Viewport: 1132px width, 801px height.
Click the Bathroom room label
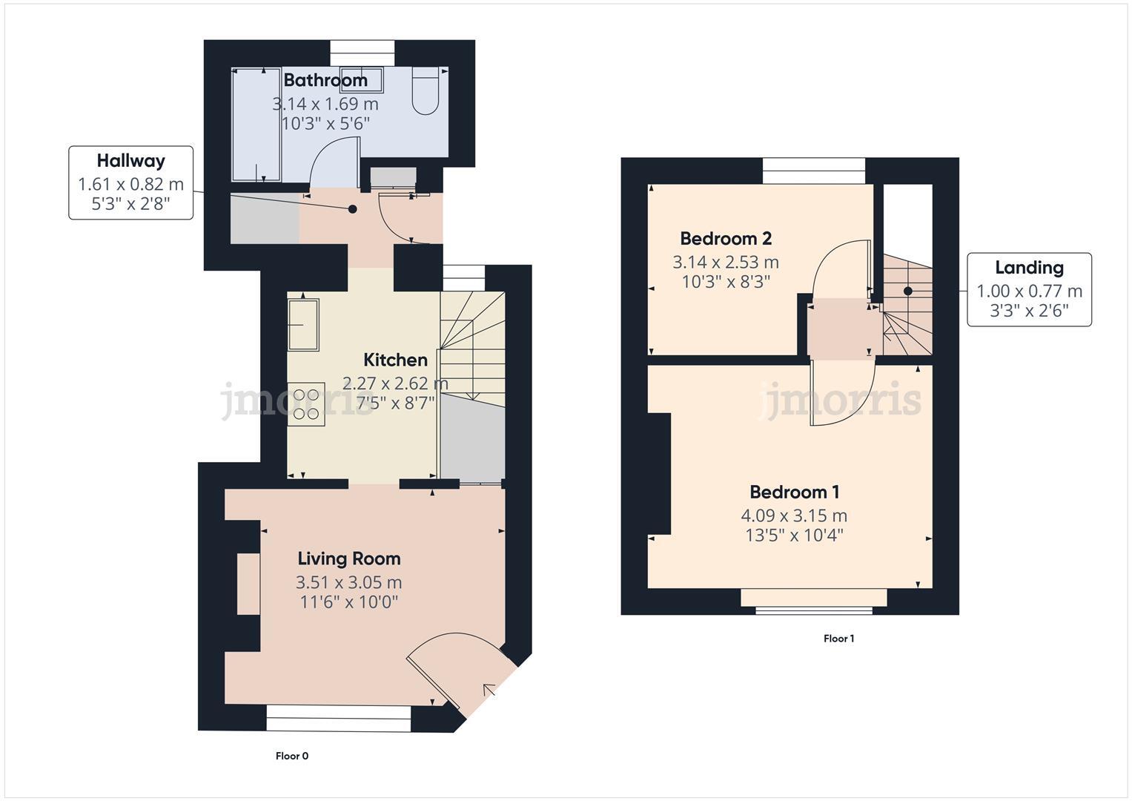pyautogui.click(x=325, y=80)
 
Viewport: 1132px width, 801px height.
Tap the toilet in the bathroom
pyautogui.click(x=425, y=92)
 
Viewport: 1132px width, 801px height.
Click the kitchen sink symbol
pyautogui.click(x=303, y=324)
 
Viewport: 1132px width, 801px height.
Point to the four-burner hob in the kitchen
pyautogui.click(x=306, y=404)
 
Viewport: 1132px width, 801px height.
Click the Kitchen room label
pyautogui.click(x=395, y=360)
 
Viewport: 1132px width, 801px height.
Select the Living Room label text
pyautogui.click(x=348, y=559)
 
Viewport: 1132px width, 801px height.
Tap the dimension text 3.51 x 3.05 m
pyautogui.click(x=348, y=582)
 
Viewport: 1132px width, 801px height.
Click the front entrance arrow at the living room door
pyautogui.click(x=490, y=691)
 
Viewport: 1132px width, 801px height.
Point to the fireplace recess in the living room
pyautogui.click(x=248, y=584)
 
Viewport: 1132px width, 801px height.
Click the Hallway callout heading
pyautogui.click(x=131, y=161)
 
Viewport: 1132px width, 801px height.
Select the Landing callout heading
pyautogui.click(x=1029, y=268)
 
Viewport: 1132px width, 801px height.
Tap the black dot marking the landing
pyautogui.click(x=907, y=291)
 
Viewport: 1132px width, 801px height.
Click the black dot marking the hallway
pyautogui.click(x=353, y=209)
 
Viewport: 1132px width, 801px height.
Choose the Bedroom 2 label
pyautogui.click(x=726, y=239)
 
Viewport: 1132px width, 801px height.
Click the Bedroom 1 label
pyautogui.click(x=794, y=492)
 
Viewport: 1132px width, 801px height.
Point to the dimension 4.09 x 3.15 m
pyautogui.click(x=794, y=515)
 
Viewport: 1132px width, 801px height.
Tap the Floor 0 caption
pyautogui.click(x=292, y=756)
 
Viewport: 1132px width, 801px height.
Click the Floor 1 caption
pyautogui.click(x=839, y=639)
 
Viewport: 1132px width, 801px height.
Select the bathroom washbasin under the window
pyautogui.click(x=363, y=78)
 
